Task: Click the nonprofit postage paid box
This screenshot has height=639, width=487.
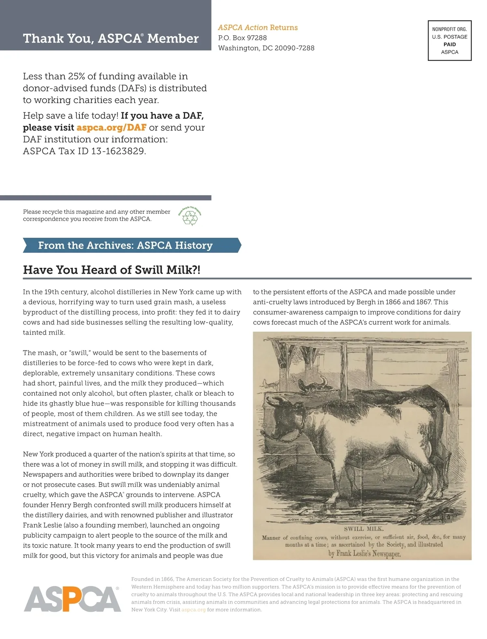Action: (x=450, y=41)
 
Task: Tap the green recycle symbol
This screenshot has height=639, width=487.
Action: (x=190, y=217)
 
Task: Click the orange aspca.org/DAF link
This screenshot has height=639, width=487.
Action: (x=111, y=127)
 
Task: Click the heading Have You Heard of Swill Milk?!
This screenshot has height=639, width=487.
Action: (x=112, y=270)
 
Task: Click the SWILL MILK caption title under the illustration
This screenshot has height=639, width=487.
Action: (x=364, y=529)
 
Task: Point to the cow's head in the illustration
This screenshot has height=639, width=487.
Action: (x=284, y=418)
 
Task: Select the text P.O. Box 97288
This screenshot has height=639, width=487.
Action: (x=242, y=38)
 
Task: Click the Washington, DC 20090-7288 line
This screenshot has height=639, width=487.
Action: (x=266, y=48)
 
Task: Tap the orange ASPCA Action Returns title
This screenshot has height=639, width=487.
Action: (x=258, y=28)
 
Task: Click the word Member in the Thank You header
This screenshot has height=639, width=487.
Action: (x=173, y=39)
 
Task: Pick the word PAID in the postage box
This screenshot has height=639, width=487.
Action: (x=450, y=44)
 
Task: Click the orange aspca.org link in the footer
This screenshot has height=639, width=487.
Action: (x=193, y=610)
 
